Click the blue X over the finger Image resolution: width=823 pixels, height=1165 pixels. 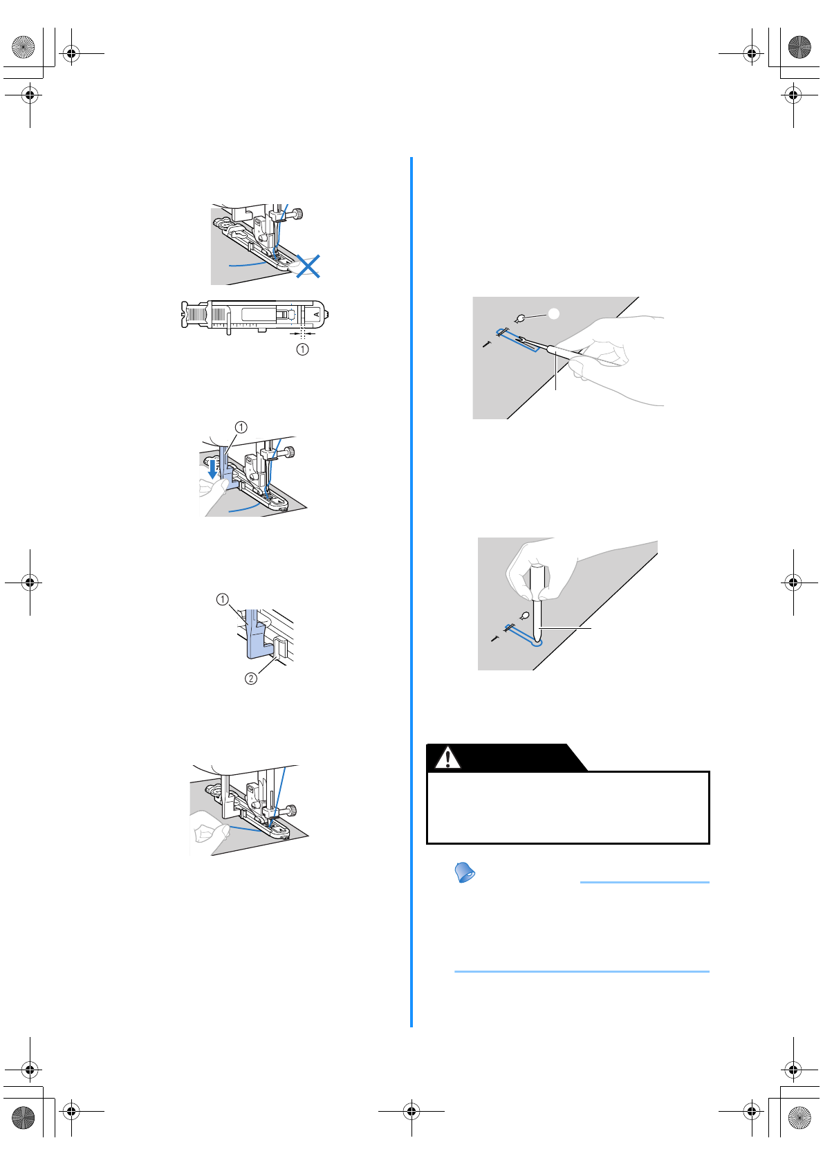tap(308, 266)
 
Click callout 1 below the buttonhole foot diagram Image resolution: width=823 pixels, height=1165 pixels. tap(302, 349)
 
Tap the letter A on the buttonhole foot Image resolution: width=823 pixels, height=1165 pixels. tap(317, 314)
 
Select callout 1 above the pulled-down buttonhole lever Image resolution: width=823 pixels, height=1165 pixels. tap(241, 427)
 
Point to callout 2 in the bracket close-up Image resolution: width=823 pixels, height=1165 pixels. tap(251, 678)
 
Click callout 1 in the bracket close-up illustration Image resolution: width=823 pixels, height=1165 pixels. tap(222, 599)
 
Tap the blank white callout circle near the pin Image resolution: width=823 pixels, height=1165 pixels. tap(553, 313)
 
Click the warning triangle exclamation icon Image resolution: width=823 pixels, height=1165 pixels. tap(447, 758)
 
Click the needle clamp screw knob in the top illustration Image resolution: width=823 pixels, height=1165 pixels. tap(298, 214)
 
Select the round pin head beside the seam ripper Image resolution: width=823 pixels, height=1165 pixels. tap(521, 318)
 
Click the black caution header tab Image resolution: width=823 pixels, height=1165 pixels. tap(505, 758)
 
